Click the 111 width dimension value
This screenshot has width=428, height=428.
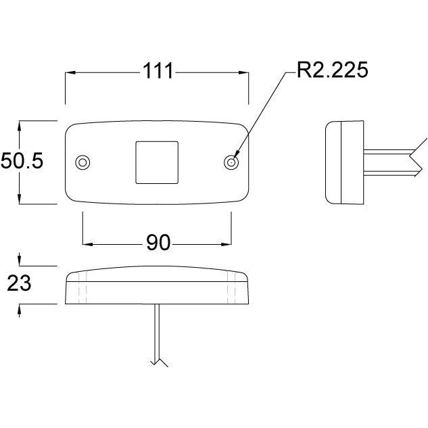coord(158,71)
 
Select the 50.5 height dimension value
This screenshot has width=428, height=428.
coord(22,161)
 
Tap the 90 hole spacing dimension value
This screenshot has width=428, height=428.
coord(158,242)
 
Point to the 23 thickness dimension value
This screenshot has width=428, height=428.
coord(19,283)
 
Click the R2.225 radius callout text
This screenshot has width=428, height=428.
coord(332,70)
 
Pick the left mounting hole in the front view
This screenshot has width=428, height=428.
coord(82,163)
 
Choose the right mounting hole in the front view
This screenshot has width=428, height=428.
coord(231,163)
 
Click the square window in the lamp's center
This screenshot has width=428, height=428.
coord(157,162)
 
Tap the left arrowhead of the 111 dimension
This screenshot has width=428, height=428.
coord(70,72)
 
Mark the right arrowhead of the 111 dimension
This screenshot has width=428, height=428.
coord(244,72)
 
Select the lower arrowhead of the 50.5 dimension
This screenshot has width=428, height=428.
coord(19,199)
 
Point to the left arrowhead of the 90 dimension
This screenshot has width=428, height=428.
coord(88,244)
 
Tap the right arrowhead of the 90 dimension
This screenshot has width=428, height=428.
coord(227,244)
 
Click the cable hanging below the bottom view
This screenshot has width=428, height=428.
coord(158,335)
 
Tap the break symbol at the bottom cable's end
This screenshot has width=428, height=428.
coord(159,362)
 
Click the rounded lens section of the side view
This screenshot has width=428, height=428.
coord(333,162)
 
